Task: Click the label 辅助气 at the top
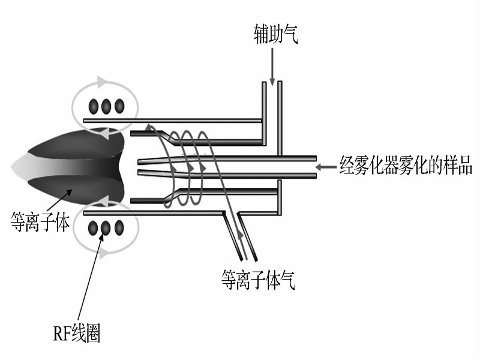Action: [x=275, y=35]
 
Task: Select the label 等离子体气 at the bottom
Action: [x=258, y=279]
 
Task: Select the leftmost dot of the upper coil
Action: [x=94, y=107]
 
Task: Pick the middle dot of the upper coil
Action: [x=107, y=107]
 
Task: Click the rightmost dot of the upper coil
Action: [x=119, y=107]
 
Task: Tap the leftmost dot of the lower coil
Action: [x=94, y=228]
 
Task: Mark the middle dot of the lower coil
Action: [x=107, y=228]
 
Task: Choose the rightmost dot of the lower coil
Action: [x=119, y=228]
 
